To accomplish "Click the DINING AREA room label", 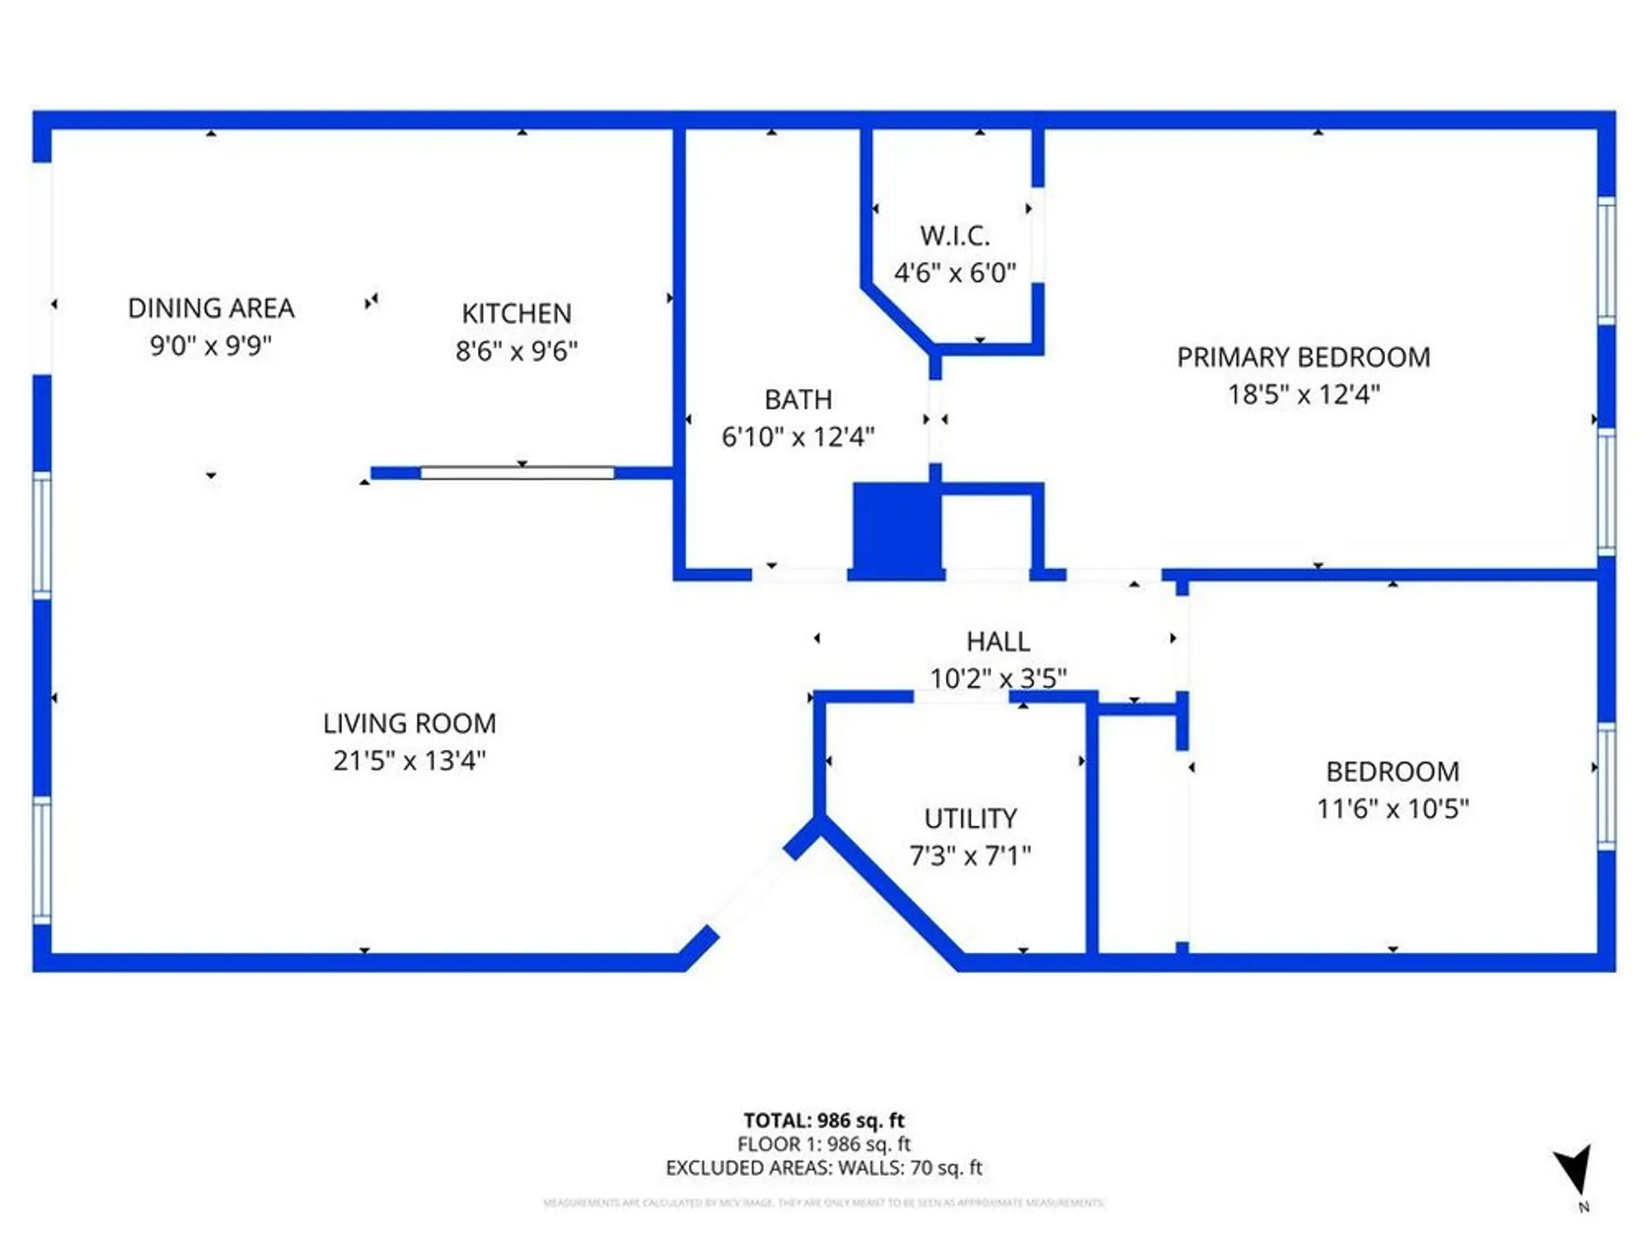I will click(x=211, y=308).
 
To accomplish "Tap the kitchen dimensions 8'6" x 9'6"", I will click(x=517, y=351).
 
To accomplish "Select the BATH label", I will click(x=798, y=400).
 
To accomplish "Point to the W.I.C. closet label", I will click(x=955, y=236).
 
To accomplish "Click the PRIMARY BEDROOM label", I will click(x=1303, y=358).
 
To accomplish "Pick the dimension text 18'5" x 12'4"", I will click(x=1303, y=395).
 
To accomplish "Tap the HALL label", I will click(x=998, y=642).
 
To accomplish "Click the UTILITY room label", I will click(x=970, y=819).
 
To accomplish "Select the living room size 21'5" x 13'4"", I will click(x=410, y=761).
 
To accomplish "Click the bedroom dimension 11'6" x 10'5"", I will click(x=1392, y=809).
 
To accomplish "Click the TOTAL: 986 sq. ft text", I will click(x=823, y=1121).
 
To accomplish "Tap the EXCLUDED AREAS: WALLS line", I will click(x=823, y=1168).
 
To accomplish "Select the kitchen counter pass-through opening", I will click(x=517, y=473).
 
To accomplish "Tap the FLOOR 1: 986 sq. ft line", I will click(x=823, y=1145).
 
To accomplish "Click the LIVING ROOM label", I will click(x=410, y=723).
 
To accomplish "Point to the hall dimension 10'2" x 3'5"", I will click(x=998, y=679).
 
